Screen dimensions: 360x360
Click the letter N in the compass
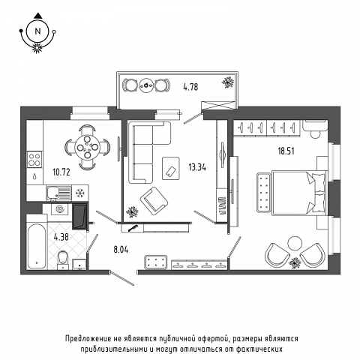coord(37,31)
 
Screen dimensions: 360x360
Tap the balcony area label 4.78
coord(190,87)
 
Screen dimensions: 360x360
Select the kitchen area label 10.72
coord(61,172)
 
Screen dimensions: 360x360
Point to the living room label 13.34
coord(197,167)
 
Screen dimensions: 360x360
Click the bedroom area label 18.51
coord(286,151)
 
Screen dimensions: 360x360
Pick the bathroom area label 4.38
coord(61,236)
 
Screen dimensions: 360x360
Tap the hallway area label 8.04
coord(121,250)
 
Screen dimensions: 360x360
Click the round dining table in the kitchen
coord(87,147)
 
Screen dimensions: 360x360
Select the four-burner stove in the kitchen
coord(34,160)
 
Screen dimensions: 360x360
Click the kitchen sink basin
coord(52,193)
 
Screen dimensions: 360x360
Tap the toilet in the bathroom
coord(63,259)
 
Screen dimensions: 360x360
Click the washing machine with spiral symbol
coord(61,208)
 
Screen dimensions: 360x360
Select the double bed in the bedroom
coord(299,193)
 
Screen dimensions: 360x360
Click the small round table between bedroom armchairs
coord(295,243)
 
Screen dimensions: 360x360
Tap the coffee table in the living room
coord(171,168)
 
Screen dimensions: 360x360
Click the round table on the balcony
coord(146,85)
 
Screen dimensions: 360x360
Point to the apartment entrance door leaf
coord(122,279)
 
